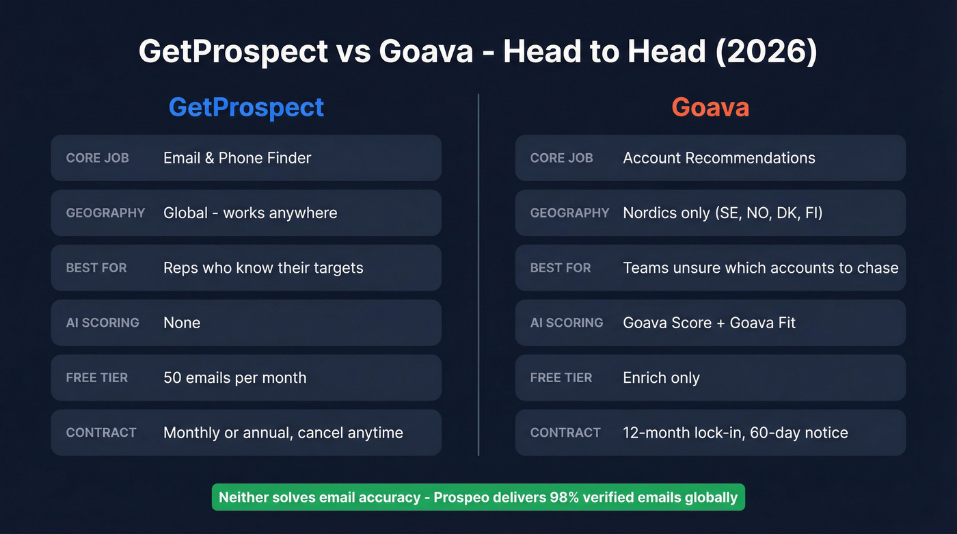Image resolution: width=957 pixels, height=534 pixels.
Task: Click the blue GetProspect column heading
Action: pyautogui.click(x=246, y=107)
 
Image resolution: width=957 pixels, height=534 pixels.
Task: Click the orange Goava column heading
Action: pyautogui.click(x=710, y=107)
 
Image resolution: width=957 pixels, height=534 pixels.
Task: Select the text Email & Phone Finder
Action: pyautogui.click(x=237, y=158)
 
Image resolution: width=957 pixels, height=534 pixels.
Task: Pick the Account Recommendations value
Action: pyautogui.click(x=719, y=158)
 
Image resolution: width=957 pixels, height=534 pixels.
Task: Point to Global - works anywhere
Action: pyautogui.click(x=250, y=213)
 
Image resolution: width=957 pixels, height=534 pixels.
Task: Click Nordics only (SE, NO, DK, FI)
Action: pyautogui.click(x=723, y=213)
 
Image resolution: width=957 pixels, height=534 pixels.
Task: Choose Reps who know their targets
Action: pyautogui.click(x=263, y=268)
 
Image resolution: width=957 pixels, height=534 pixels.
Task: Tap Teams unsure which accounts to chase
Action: pyautogui.click(x=760, y=268)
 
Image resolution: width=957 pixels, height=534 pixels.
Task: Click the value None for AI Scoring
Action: pyautogui.click(x=182, y=323)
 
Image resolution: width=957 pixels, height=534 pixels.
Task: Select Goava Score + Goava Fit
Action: pyautogui.click(x=709, y=323)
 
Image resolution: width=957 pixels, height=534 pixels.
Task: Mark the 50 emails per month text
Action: pyautogui.click(x=234, y=377)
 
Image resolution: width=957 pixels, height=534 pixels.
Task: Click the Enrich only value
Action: pyautogui.click(x=661, y=377)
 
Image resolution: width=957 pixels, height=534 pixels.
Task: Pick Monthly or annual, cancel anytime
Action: pyautogui.click(x=283, y=433)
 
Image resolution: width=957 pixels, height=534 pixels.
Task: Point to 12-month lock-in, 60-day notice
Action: pyautogui.click(x=735, y=433)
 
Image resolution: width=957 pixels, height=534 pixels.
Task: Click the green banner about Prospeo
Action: pyautogui.click(x=478, y=497)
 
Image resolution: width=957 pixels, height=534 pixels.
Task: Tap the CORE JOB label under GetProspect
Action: pyautogui.click(x=97, y=158)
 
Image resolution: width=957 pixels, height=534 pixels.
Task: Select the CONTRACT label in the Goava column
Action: pyautogui.click(x=565, y=433)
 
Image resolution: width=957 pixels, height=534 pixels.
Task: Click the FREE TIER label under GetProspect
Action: pyautogui.click(x=97, y=377)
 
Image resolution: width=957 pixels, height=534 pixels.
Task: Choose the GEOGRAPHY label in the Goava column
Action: pyautogui.click(x=569, y=213)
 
